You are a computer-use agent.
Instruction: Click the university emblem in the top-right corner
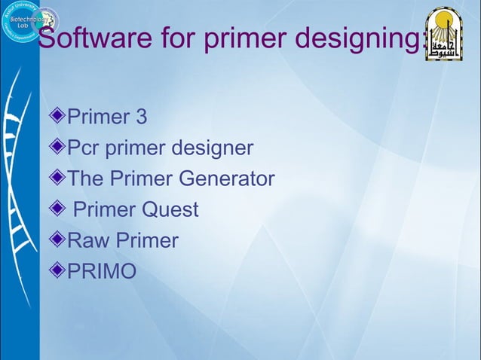(443, 34)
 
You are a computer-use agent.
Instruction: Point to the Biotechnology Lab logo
(21, 21)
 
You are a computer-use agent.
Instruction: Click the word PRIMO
(103, 271)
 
